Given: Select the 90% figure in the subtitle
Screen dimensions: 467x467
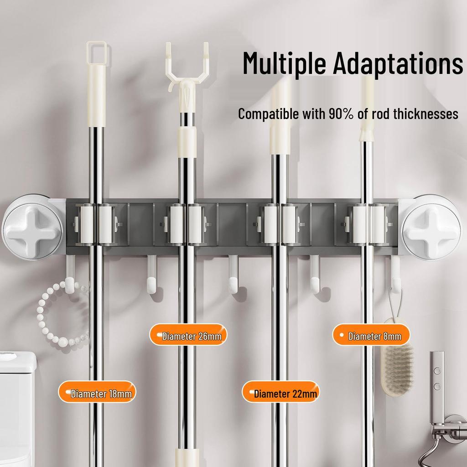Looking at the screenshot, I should [341, 114].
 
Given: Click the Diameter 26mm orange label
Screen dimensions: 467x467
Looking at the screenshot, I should [188, 336].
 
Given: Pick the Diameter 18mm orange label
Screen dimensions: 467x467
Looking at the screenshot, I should [97, 393].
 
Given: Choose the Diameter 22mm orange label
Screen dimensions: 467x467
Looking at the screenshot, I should [280, 393].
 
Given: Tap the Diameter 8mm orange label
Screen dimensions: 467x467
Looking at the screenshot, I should [370, 336].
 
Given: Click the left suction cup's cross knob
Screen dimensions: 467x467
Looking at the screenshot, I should [32, 227].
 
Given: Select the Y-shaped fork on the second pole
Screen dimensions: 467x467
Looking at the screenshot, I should [187, 68].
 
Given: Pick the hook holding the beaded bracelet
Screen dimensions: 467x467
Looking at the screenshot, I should [71, 276].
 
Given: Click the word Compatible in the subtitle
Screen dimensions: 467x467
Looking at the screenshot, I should [268, 114].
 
